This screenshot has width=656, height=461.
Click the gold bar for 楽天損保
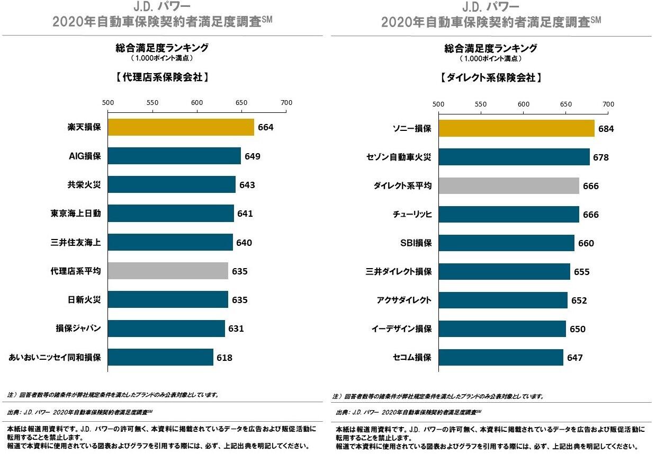click(181, 127)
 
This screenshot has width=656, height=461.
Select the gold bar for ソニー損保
click(516, 128)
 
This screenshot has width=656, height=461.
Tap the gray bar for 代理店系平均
click(168, 271)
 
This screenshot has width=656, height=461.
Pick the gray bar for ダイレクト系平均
click(509, 185)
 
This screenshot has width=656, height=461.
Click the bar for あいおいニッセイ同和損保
click(161, 357)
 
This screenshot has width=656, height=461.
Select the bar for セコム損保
click(501, 357)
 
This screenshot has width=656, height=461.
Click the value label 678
click(601, 157)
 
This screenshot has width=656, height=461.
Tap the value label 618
click(224, 358)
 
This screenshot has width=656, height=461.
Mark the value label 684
click(606, 129)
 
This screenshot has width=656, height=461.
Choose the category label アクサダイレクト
click(404, 300)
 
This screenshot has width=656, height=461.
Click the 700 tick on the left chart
click(286, 102)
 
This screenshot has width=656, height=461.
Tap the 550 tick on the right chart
click(481, 104)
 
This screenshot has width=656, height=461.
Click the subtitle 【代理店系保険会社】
click(162, 77)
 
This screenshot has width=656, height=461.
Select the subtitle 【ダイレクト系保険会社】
click(491, 77)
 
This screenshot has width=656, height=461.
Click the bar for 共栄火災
click(172, 185)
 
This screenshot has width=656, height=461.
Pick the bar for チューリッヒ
click(509, 214)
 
